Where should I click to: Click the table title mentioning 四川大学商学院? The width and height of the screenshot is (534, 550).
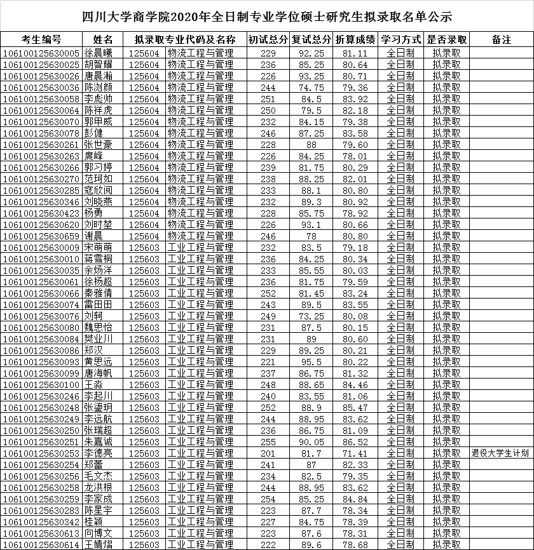coord(267,15)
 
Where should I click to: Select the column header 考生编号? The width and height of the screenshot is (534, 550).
coord(41,40)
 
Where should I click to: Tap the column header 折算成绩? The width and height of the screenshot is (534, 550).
coord(355,40)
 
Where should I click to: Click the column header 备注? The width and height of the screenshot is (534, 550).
coord(502,40)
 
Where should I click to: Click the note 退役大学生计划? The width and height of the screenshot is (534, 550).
coord(500,453)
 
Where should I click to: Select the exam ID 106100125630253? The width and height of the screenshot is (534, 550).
coord(41,453)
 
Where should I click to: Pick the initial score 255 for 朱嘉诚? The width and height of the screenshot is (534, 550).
coord(268,441)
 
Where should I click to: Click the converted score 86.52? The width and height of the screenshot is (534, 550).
coord(355,441)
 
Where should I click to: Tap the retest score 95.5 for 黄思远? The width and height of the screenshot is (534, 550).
coord(311,361)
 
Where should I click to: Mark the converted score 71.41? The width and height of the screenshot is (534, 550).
coord(355,453)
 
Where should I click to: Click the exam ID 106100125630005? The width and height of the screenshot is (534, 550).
coord(41,53)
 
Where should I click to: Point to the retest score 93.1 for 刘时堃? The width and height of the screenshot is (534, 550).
coord(311,224)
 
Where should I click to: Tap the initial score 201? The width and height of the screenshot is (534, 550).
coord(268,453)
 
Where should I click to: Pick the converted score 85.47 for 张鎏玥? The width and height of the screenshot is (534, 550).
coord(355,407)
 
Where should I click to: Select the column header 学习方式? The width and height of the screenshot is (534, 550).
coord(400,40)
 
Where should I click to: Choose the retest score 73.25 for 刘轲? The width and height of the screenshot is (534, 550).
coord(311,316)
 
